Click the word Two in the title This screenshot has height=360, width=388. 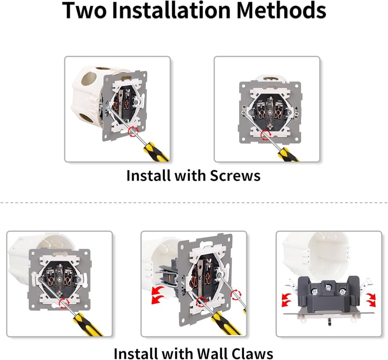point(84,10)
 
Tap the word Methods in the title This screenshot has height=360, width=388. point(281,10)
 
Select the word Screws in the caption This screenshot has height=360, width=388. point(235,176)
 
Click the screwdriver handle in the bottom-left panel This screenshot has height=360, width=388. point(88,325)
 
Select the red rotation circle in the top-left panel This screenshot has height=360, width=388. point(133,131)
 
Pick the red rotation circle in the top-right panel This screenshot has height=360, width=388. point(266,135)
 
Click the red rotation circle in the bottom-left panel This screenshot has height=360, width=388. point(64,303)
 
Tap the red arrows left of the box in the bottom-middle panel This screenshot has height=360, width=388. point(157,295)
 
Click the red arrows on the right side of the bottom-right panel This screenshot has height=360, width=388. point(371,300)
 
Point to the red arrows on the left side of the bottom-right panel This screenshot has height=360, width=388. point(287,300)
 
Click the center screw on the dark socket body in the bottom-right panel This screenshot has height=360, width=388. point(328,287)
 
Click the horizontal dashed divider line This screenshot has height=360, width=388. point(194,202)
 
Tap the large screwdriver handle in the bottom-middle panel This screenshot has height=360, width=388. point(225,323)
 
